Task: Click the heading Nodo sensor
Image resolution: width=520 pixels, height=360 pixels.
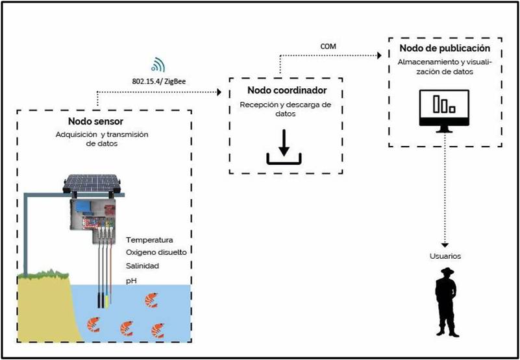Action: pos(95,122)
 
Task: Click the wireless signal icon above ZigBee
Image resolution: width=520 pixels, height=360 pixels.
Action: pos(158,65)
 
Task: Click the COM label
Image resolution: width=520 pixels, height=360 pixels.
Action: pos(328,46)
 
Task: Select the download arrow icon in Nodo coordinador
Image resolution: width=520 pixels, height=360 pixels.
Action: pos(284,147)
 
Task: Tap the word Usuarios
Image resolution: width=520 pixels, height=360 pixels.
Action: pos(445,256)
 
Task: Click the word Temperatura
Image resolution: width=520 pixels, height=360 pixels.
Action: pos(150,240)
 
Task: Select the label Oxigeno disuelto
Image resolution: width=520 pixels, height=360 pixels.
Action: pos(160,252)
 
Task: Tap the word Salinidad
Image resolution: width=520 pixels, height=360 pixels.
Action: pos(143,266)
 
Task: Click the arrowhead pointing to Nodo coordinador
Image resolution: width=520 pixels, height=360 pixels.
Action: pos(219,93)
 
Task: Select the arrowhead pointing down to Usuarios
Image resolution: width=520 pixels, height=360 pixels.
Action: pos(445,245)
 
